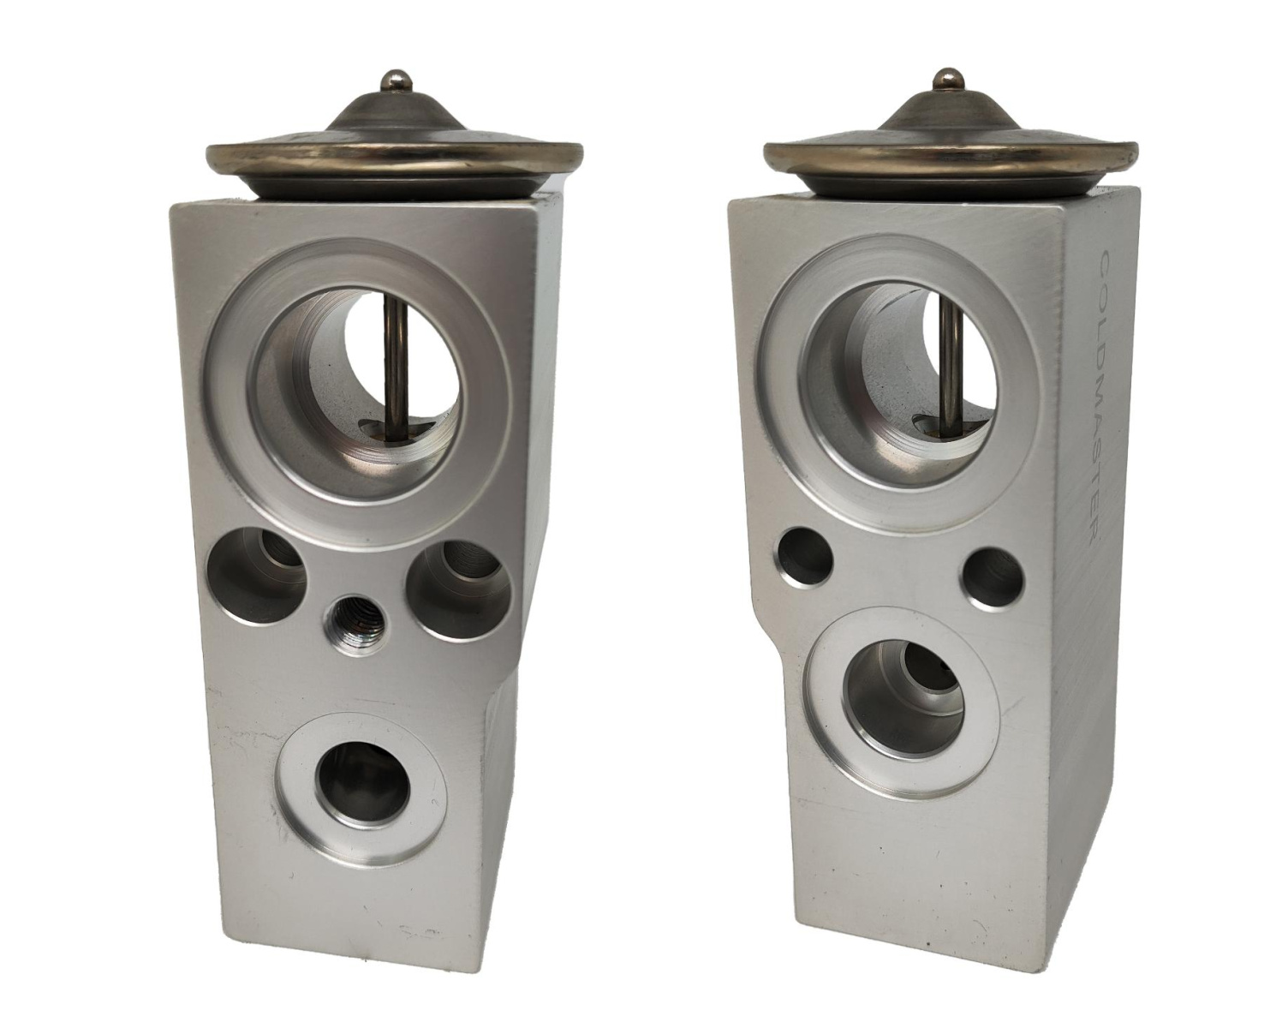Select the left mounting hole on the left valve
pyautogui.click(x=256, y=575)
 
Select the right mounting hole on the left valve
pyautogui.click(x=456, y=588)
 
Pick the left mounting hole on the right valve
pyautogui.click(x=803, y=555)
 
